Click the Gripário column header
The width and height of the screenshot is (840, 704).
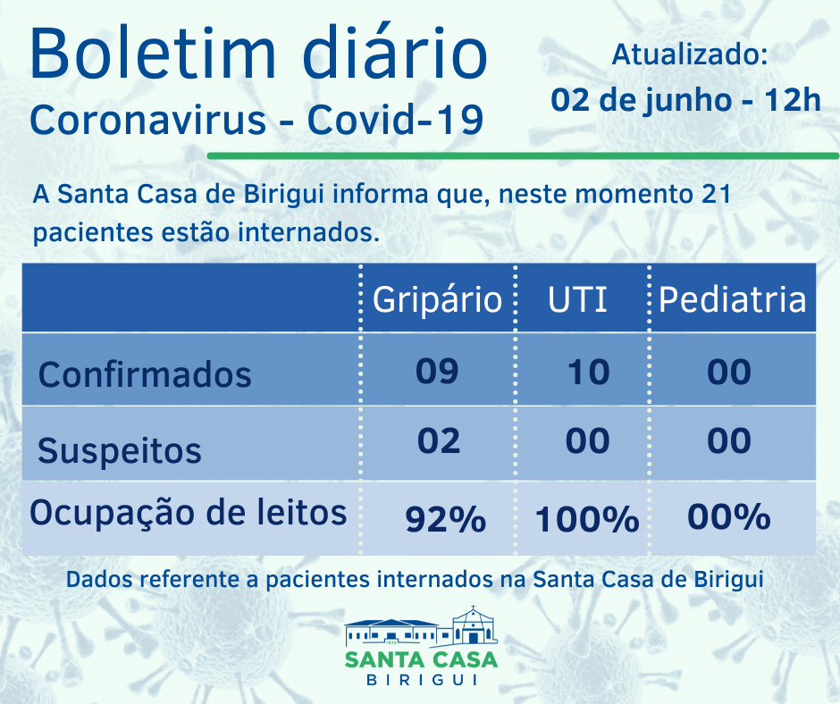pyautogui.click(x=437, y=300)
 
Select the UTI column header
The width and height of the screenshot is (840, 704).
pyautogui.click(x=577, y=300)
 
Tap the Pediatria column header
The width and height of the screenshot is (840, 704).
pyautogui.click(x=732, y=300)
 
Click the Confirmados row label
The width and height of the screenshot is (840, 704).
pyautogui.click(x=145, y=373)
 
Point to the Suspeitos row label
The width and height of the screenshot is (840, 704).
pyautogui.click(x=120, y=450)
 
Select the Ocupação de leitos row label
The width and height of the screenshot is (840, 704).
pyautogui.click(x=189, y=513)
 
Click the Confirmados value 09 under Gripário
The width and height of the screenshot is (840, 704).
pyautogui.click(x=437, y=370)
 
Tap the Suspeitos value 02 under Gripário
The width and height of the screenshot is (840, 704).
pyautogui.click(x=438, y=440)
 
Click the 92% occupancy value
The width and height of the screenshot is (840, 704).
pyautogui.click(x=445, y=518)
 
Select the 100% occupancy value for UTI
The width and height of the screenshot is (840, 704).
pyautogui.click(x=587, y=518)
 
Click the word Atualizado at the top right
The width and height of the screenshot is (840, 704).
pyautogui.click(x=689, y=55)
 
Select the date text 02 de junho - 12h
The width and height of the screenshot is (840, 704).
pyautogui.click(x=685, y=98)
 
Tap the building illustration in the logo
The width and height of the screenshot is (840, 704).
pyautogui.click(x=421, y=628)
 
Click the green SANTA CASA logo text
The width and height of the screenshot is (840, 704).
pyautogui.click(x=421, y=660)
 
